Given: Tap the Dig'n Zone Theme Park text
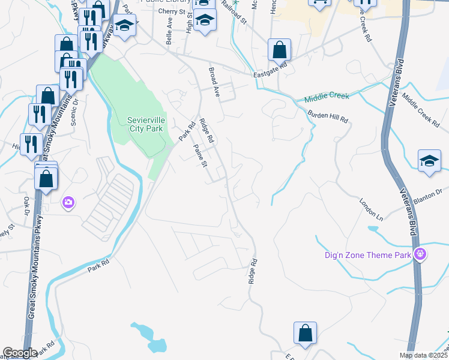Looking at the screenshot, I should (366, 255).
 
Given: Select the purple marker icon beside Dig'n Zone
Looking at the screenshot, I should (420, 254).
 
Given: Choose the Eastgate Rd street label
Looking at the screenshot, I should (271, 75).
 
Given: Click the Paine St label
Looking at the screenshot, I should (200, 155).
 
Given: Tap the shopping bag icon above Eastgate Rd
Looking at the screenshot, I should (279, 50).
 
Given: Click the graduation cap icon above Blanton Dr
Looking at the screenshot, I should (429, 160).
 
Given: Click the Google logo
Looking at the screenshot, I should (20, 353).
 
